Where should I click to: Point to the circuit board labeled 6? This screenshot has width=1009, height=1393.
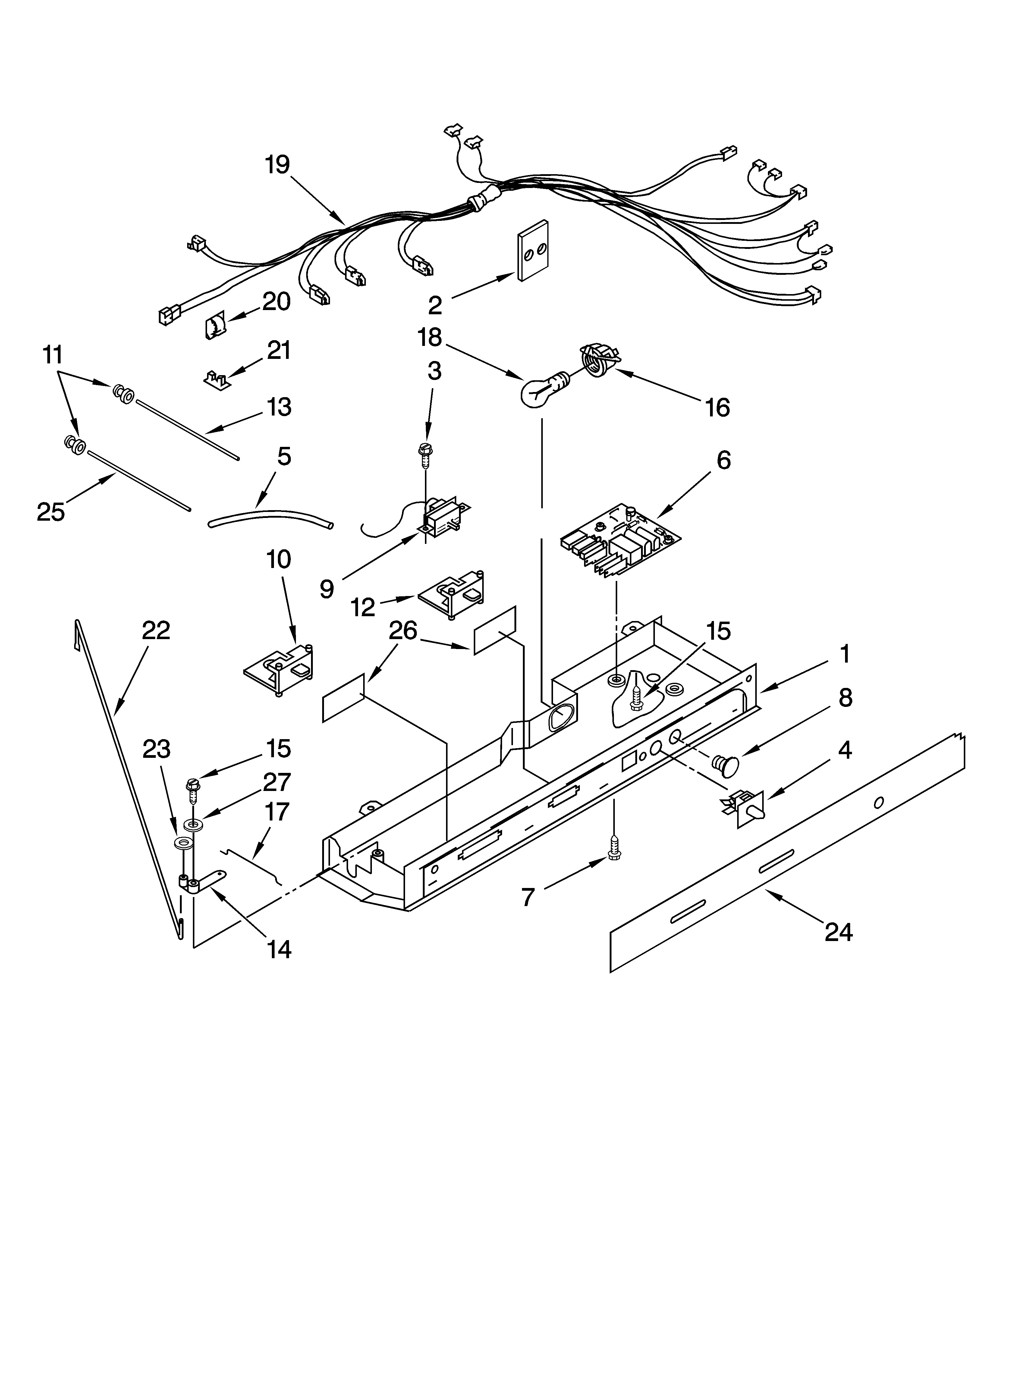coord(621,539)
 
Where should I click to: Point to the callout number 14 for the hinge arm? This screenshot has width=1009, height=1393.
coord(278,949)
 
